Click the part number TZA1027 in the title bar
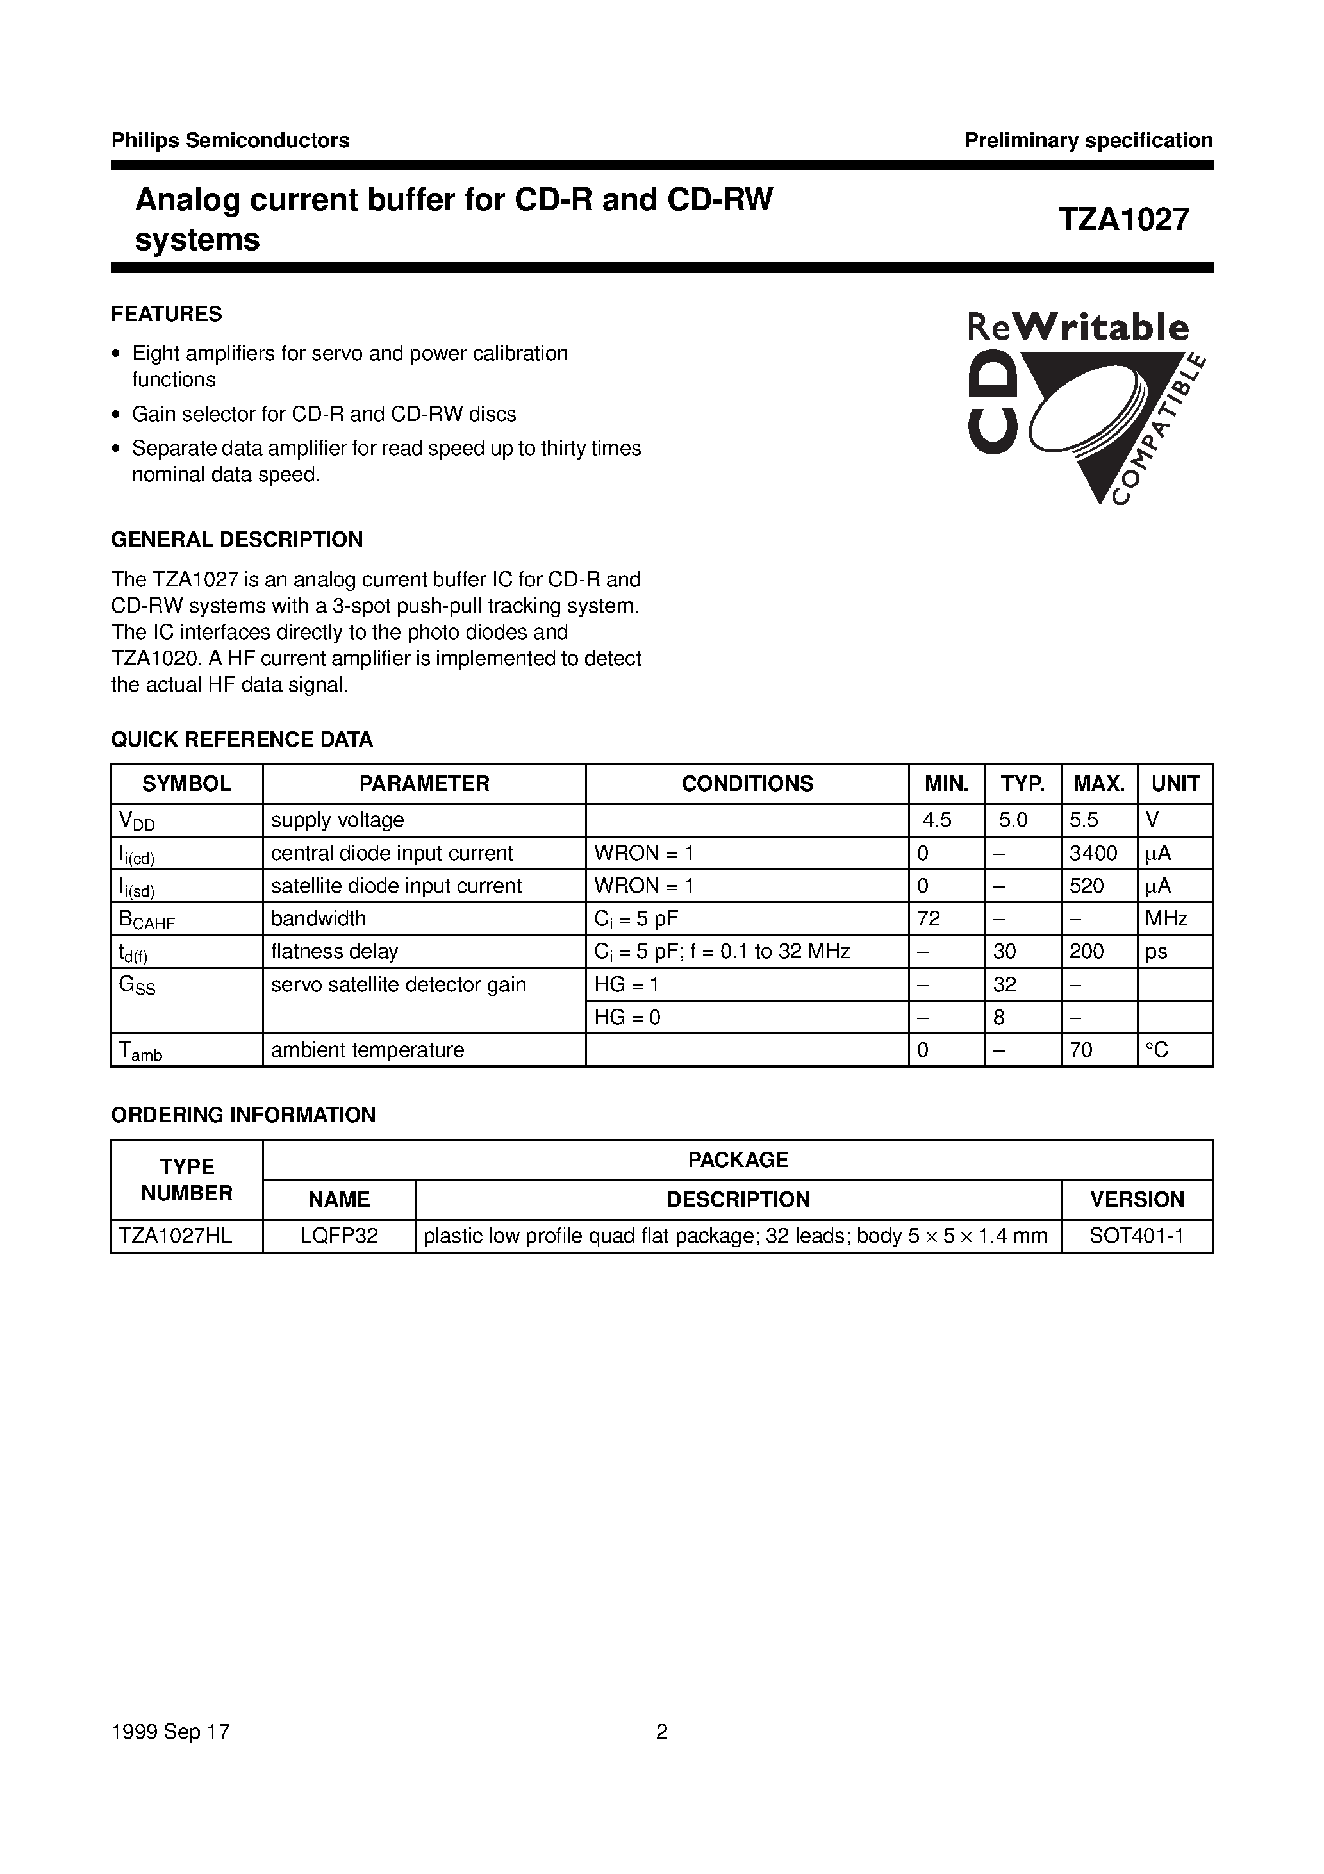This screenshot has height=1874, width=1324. pos(1124,220)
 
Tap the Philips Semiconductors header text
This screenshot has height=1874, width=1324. pos(230,140)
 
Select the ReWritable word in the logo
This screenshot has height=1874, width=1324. pos(1077,328)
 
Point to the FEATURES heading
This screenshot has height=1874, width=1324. pos(167,314)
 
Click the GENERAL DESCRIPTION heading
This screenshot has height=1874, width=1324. pos(236,540)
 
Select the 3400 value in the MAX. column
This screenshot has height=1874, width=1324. pos(1093,854)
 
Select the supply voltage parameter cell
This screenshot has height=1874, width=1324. pos(337,820)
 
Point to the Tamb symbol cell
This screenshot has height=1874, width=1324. pos(140,1051)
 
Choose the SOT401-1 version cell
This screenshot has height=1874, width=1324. pos(1136,1236)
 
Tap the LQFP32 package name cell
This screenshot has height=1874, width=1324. pos(339,1236)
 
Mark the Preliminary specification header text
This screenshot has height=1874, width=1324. pos(1088,140)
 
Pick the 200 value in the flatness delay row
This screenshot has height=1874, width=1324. pos(1086,952)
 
